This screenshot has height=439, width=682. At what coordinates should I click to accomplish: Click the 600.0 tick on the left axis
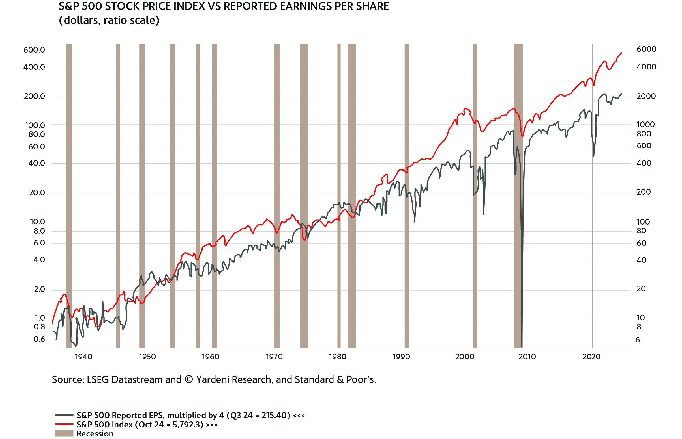pos(34,50)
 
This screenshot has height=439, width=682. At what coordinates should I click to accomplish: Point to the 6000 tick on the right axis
pos(646,49)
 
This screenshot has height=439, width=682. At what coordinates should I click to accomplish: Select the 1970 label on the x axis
pos(274,357)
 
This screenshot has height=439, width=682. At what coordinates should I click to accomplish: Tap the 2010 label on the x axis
pos(527,357)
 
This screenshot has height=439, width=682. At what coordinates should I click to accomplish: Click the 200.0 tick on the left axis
pos(34,96)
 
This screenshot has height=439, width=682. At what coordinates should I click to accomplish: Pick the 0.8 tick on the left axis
pos(39,327)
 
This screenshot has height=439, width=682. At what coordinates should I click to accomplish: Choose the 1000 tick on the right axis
pos(645,124)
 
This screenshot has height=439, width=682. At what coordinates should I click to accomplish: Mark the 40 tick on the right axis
pos(641,260)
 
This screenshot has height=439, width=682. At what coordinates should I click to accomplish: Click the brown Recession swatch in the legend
pos(64,433)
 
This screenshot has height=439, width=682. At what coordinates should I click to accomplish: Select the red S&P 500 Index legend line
pos(64,424)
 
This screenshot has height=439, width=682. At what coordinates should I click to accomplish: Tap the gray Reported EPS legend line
pos(64,415)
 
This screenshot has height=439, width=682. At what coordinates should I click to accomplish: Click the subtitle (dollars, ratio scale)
pos(109,20)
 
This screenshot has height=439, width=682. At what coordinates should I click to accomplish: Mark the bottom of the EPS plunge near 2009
pos(522,346)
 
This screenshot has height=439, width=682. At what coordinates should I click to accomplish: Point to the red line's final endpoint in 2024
pos(622,53)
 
